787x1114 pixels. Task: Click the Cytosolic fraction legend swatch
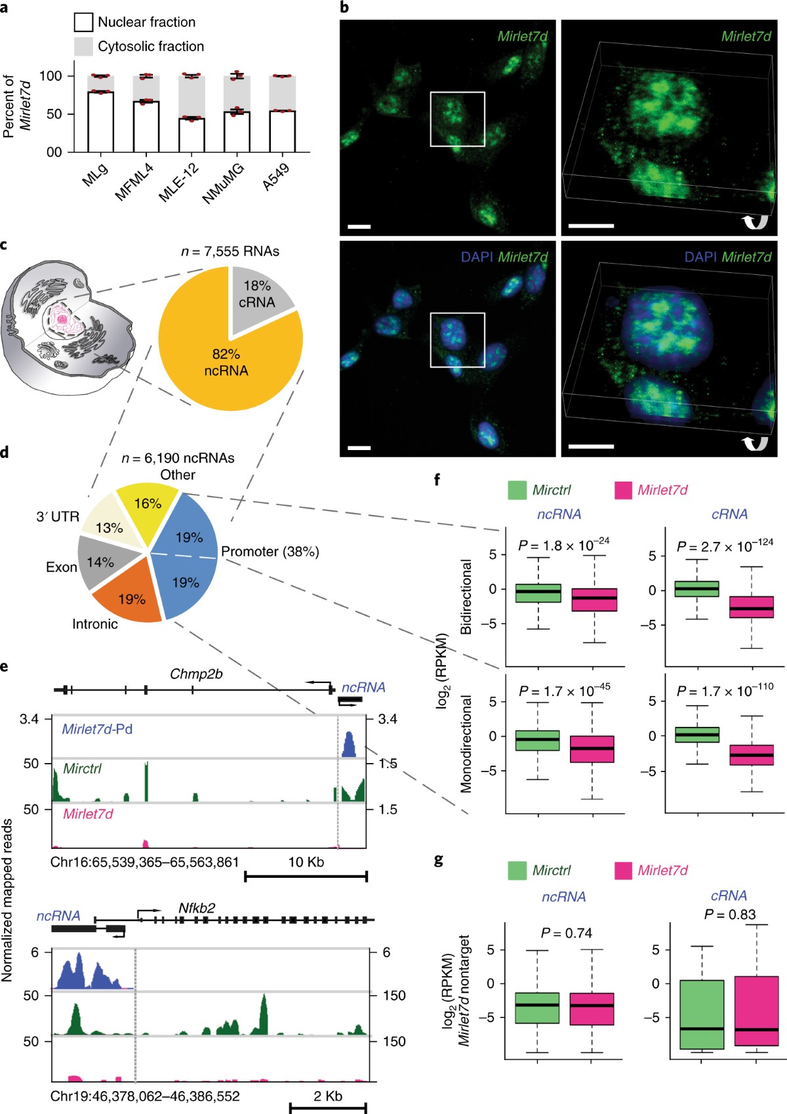click(x=83, y=47)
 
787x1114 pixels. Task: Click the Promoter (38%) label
click(x=270, y=552)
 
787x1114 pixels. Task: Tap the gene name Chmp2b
click(x=196, y=674)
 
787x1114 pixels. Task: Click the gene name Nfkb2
click(x=197, y=909)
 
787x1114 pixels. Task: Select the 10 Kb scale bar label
click(x=306, y=862)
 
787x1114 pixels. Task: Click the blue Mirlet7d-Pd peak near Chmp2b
click(x=349, y=745)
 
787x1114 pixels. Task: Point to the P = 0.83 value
click(x=730, y=915)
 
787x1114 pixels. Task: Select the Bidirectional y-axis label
click(x=466, y=596)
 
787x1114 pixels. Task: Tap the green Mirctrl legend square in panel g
click(x=517, y=871)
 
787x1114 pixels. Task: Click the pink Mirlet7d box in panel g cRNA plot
click(x=756, y=1010)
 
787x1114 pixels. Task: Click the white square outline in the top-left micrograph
click(x=457, y=93)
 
